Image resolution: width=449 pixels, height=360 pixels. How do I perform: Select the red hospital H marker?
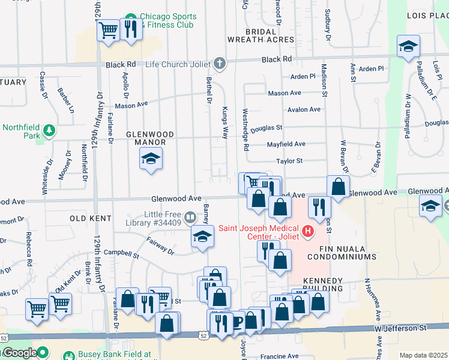point(309,230)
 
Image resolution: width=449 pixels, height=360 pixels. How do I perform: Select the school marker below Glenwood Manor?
point(150,159)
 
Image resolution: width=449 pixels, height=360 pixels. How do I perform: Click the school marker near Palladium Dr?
point(408,46)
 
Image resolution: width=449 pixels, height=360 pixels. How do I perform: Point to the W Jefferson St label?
point(402,328)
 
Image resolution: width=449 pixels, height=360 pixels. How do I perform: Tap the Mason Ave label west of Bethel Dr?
point(131,105)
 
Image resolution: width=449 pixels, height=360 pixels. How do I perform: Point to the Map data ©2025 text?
point(423,355)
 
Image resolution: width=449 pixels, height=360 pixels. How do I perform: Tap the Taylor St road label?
point(289,161)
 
